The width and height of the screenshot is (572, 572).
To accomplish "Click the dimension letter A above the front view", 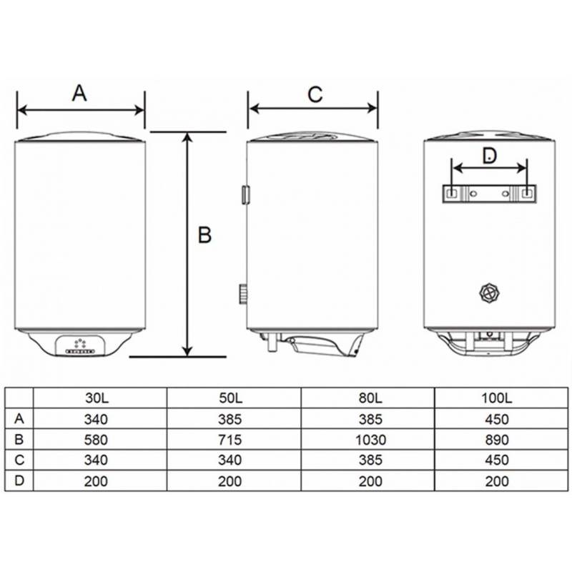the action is tap(79, 93).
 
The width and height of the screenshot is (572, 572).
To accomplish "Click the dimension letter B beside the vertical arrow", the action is tap(204, 235).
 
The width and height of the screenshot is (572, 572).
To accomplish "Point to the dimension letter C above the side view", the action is tap(315, 94).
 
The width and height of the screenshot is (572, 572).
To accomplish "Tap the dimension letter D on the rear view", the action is tap(489, 156).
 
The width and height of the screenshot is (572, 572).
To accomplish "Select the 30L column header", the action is tap(97, 398).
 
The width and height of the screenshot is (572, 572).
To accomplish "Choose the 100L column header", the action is tap(496, 398).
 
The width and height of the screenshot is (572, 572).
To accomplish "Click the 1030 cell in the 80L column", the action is tap(370, 440).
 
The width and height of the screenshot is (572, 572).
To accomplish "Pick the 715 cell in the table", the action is tap(230, 440).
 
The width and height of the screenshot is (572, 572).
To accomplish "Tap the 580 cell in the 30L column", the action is tap(96, 440).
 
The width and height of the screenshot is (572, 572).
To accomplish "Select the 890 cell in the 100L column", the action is tap(497, 440).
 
